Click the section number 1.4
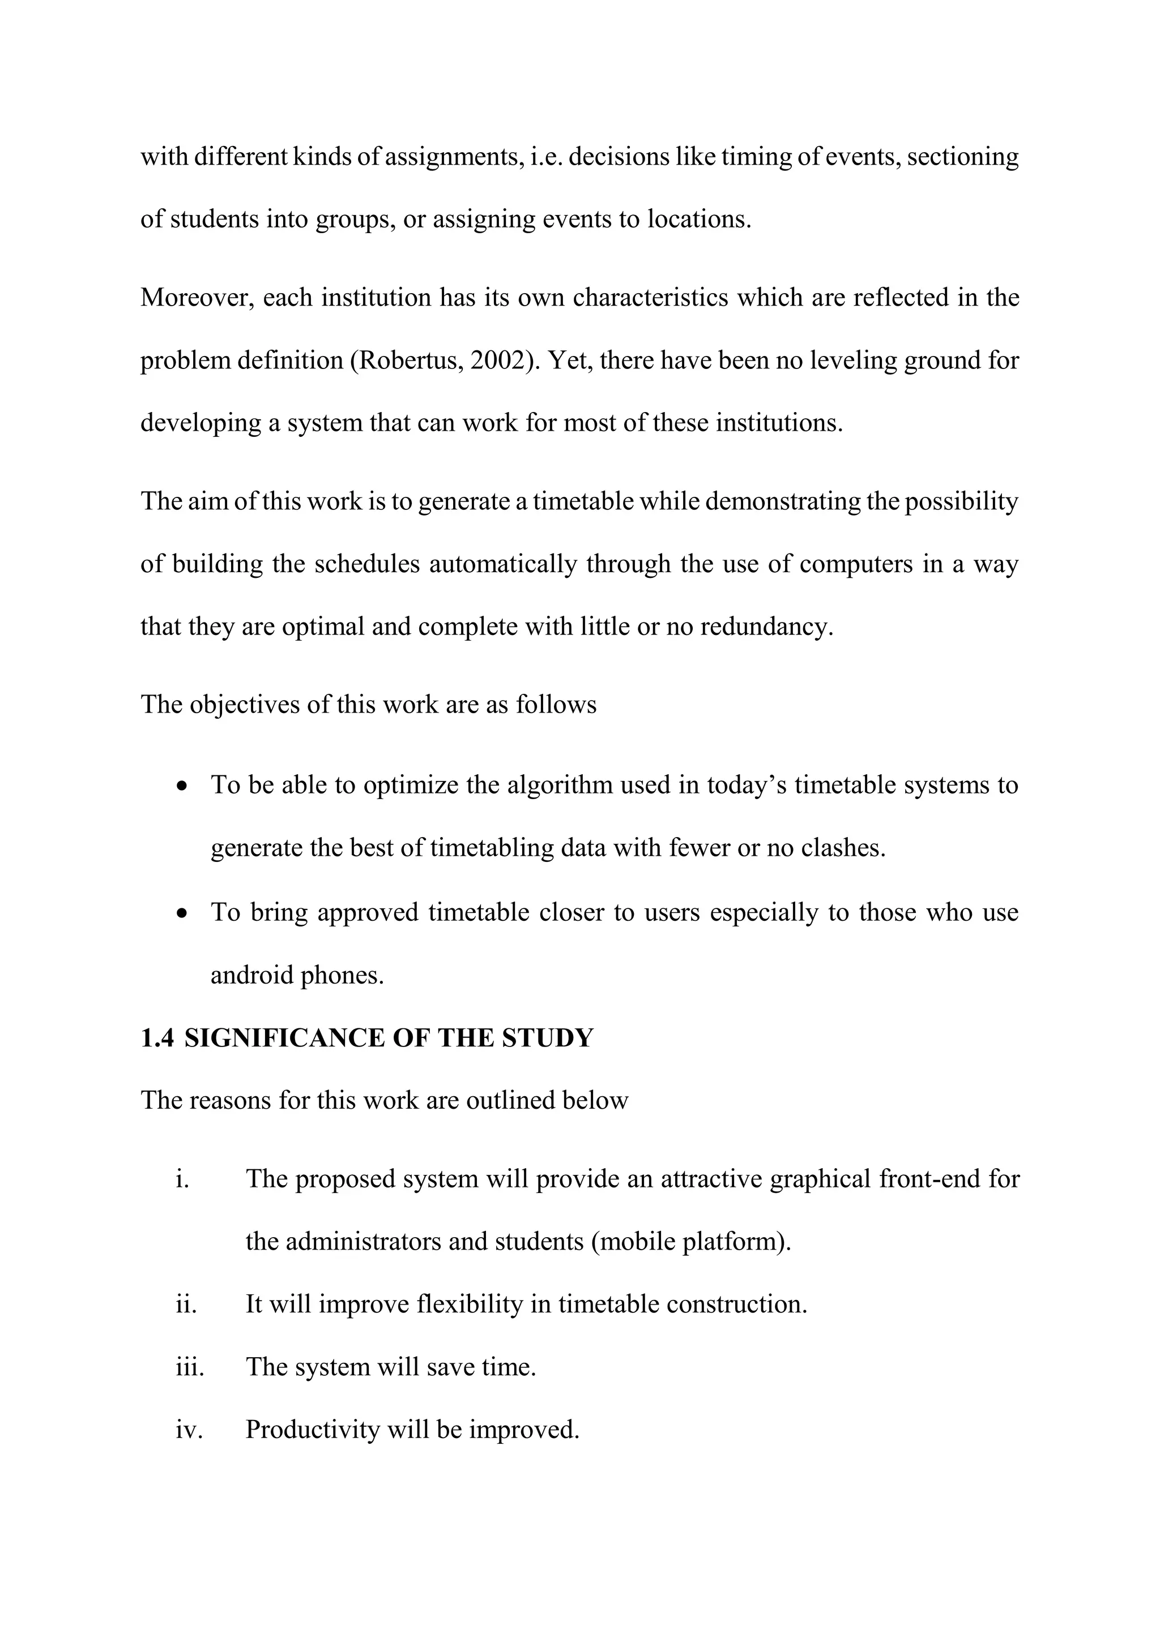click(x=157, y=1038)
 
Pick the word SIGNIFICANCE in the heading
click(x=284, y=1038)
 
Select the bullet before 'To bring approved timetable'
click(x=184, y=913)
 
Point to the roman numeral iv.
click(x=189, y=1430)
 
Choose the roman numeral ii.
click(x=186, y=1304)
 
